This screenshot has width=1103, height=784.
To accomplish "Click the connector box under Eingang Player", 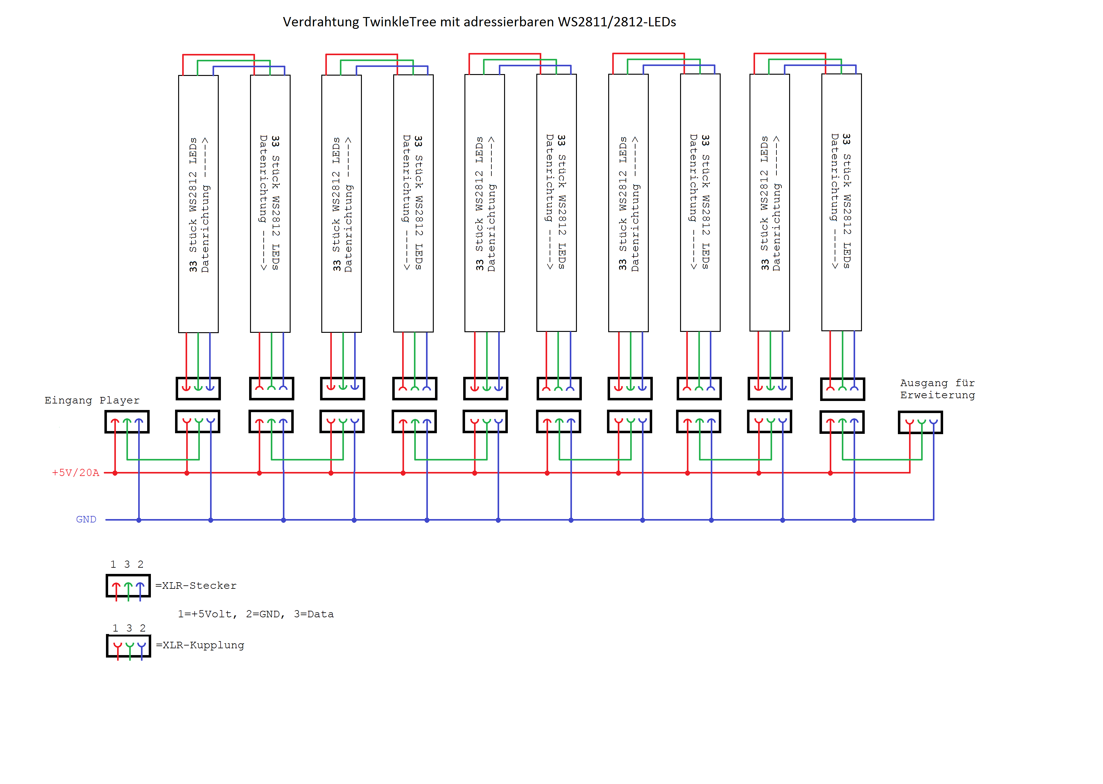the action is pyautogui.click(x=127, y=422).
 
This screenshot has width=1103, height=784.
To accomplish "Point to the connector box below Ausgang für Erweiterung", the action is pyautogui.click(x=920, y=422).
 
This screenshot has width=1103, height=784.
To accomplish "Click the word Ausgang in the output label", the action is pyautogui.click(x=923, y=383).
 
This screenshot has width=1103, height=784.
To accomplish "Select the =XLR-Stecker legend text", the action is pyautogui.click(x=196, y=586).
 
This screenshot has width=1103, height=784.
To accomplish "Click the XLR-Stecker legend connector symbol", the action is pyautogui.click(x=128, y=586).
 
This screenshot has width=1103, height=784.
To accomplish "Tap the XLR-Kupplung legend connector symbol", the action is pyautogui.click(x=128, y=646).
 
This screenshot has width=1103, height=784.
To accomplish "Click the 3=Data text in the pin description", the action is pyautogui.click(x=314, y=614).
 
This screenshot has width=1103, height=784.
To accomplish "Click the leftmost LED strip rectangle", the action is pyautogui.click(x=198, y=204).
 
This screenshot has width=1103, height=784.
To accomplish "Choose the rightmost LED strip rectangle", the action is pyautogui.click(x=842, y=202).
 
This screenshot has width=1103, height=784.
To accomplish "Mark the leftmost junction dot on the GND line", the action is pyautogui.click(x=139, y=520).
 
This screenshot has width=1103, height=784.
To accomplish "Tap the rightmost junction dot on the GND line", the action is pyautogui.click(x=855, y=520).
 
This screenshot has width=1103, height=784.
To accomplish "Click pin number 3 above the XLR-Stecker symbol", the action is pyautogui.click(x=127, y=564).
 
